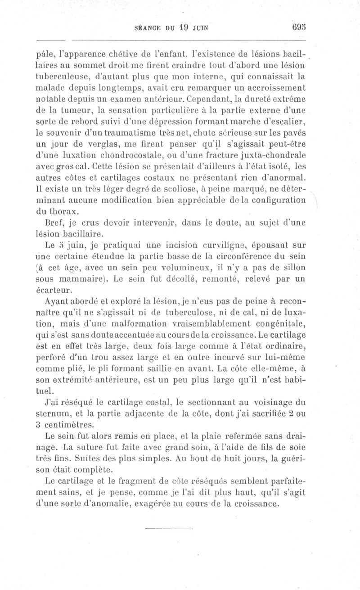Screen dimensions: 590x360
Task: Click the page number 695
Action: tap(299, 26)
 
